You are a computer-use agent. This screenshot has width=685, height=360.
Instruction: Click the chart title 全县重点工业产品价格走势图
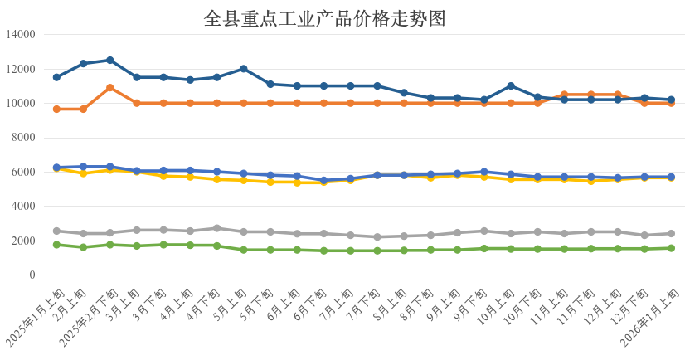pos(324,18)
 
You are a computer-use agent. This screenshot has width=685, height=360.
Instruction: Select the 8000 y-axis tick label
pos(22,138)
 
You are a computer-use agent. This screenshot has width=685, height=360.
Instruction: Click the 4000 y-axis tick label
pos(22,207)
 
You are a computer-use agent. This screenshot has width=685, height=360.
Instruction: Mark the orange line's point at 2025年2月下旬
pos(110,87)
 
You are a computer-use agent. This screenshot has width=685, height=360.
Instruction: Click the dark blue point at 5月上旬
pos(244,69)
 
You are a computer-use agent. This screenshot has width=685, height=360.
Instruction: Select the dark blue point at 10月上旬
pos(511,85)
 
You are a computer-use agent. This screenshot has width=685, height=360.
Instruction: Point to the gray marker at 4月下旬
pos(217,228)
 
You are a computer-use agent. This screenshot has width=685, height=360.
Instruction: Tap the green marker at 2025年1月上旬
pos(56,245)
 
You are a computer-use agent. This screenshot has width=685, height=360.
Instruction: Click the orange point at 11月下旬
pos(591,95)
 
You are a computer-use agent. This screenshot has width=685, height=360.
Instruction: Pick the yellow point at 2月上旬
pos(83,173)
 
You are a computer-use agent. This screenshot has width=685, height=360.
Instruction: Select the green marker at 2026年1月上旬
pos(671,248)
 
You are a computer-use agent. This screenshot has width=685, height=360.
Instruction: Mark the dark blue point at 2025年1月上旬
pos(56,77)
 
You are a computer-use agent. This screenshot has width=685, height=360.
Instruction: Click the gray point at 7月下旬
pos(377,237)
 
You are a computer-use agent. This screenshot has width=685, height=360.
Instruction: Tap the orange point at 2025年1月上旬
pos(56,109)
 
